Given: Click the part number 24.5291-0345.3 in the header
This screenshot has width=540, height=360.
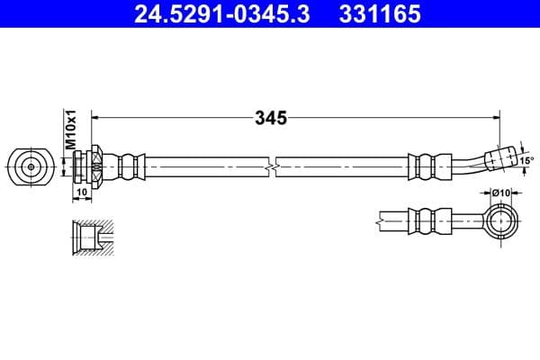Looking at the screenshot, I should coord(221,15).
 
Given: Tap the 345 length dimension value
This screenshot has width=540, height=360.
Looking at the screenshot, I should coord(270,117).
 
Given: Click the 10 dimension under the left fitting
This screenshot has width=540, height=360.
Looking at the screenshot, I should coord(81,193).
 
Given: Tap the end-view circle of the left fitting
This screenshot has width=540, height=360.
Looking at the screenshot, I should coord(30,166).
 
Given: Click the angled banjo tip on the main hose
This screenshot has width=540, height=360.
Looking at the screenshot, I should coord(499,158).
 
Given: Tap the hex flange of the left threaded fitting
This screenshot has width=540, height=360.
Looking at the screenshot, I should coord(94,166).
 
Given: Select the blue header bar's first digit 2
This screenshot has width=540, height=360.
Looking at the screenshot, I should coord(139,15).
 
